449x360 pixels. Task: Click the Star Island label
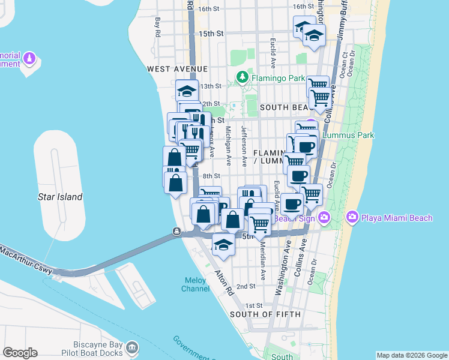[60, 197]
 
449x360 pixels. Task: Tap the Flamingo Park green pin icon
[242, 77]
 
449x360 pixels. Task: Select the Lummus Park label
[348, 135]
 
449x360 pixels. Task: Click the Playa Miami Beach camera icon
[352, 217]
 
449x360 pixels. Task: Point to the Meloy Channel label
[196, 284]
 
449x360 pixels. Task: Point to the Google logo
[20, 353]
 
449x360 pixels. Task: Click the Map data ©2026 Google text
[411, 355]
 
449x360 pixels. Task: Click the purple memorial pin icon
[30, 59]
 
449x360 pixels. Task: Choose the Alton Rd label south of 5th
[224, 284]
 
